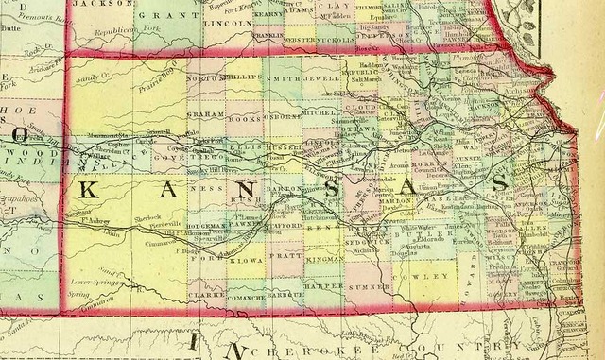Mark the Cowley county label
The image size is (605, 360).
point(411,277)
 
